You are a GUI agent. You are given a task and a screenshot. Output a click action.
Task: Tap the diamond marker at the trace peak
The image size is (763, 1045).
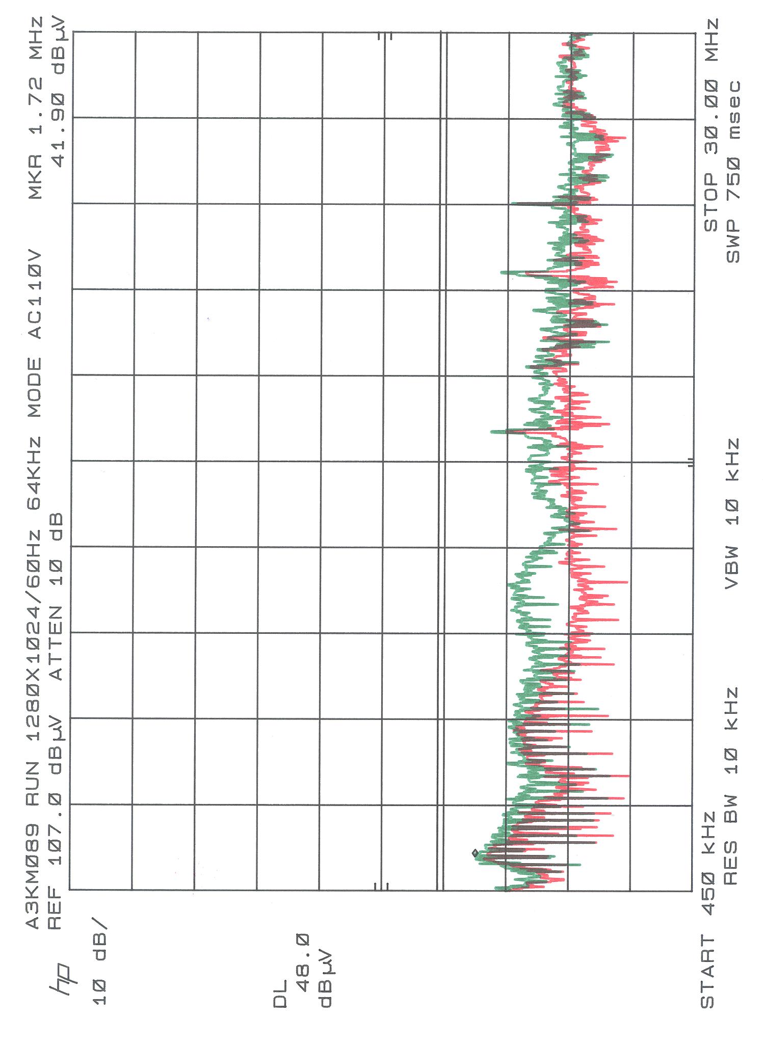click(475, 852)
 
